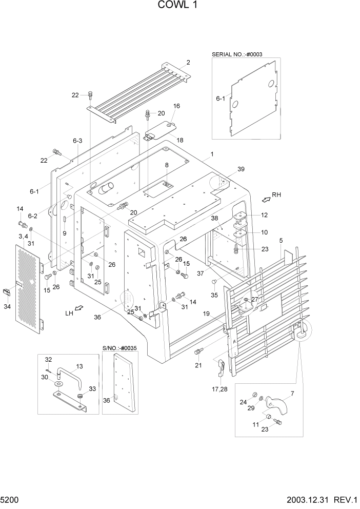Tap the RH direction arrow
point(265,197)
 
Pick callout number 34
point(7,307)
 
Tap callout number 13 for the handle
point(79,366)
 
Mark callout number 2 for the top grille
point(189,63)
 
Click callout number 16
point(176,106)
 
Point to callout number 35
point(214,295)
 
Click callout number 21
point(198,366)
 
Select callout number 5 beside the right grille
point(281,240)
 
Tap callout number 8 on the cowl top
point(167,165)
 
